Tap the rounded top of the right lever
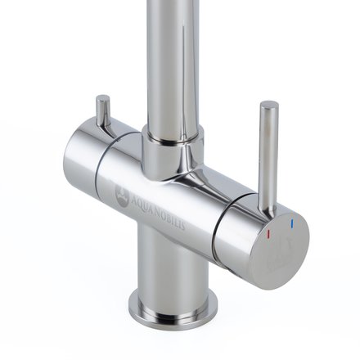[268, 106]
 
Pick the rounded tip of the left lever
[102, 99]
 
